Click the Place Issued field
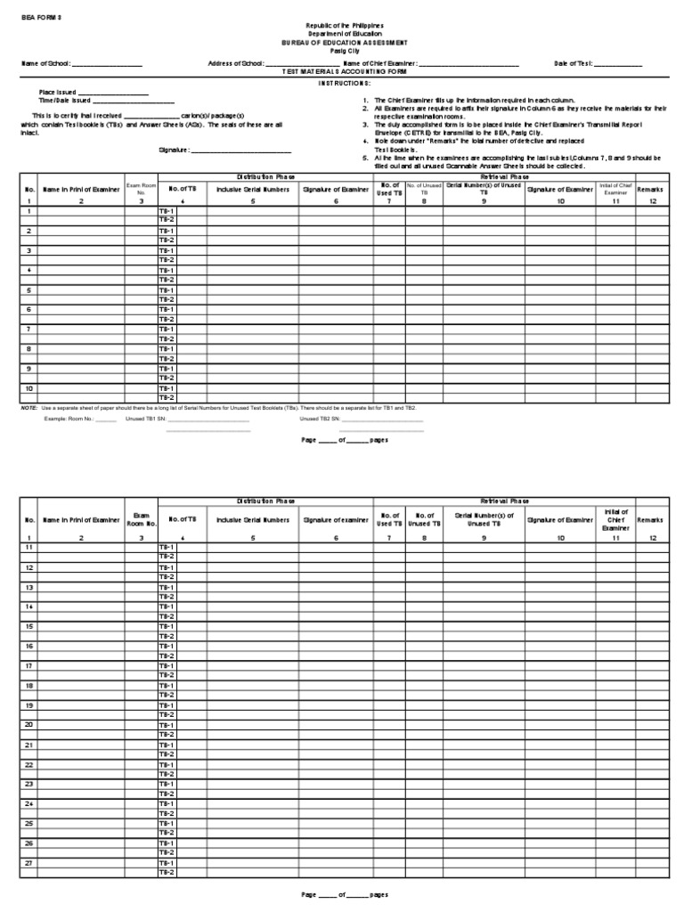click(x=113, y=94)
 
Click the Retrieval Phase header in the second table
click(x=505, y=501)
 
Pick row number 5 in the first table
click(x=29, y=290)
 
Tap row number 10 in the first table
click(x=29, y=388)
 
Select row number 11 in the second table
click(x=29, y=547)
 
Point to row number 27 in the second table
click(x=29, y=862)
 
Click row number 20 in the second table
click(x=29, y=724)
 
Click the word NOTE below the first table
click(x=28, y=407)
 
